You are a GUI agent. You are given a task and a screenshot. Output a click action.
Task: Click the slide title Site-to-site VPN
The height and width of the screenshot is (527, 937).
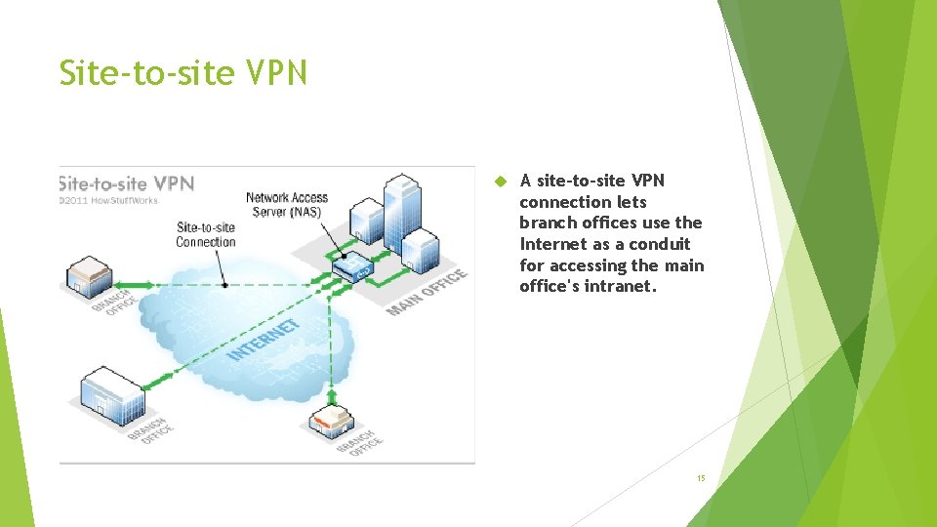click(x=183, y=73)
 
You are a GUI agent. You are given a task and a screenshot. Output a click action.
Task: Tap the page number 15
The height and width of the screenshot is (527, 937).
click(x=700, y=478)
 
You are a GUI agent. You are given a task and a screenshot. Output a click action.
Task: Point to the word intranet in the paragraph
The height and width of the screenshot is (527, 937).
click(x=620, y=286)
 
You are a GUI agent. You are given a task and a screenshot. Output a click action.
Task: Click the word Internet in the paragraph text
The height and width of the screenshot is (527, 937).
click(x=552, y=244)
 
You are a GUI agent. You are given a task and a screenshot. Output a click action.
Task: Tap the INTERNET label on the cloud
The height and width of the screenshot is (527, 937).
click(x=264, y=340)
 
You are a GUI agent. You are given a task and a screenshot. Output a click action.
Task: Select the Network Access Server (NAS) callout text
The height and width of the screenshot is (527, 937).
click(x=287, y=205)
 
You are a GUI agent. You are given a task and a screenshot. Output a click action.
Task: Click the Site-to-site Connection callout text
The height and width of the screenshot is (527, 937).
click(x=205, y=235)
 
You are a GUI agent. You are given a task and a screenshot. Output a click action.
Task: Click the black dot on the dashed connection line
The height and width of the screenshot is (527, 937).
click(x=226, y=285)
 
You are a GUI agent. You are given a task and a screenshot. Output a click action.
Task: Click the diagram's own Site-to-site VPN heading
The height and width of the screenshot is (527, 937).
click(x=127, y=183)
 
